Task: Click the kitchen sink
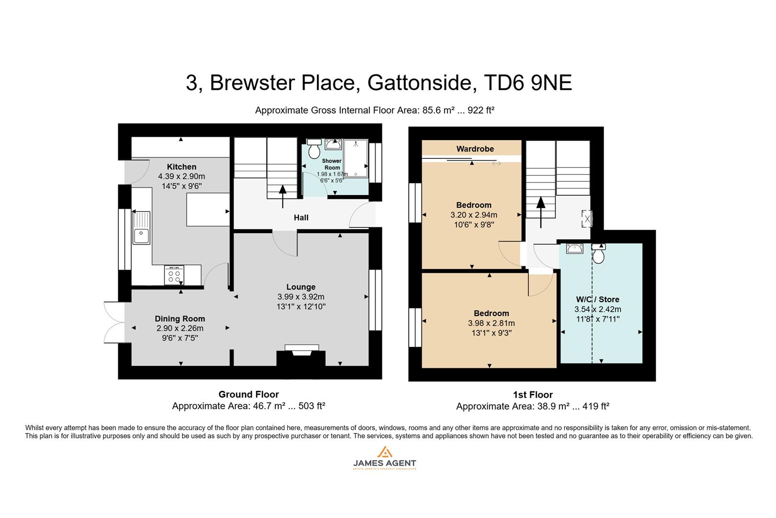click(141, 228)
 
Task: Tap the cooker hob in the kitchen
click(174, 275)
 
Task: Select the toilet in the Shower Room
click(314, 149)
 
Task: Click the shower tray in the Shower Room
click(355, 158)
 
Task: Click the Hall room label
click(301, 218)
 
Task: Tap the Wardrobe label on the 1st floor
click(475, 149)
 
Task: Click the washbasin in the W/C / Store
click(574, 248)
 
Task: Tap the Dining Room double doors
click(114, 322)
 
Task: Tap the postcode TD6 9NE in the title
click(528, 83)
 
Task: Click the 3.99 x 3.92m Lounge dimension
click(301, 297)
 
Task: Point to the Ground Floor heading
click(249, 394)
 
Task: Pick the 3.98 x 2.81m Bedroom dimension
click(491, 323)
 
